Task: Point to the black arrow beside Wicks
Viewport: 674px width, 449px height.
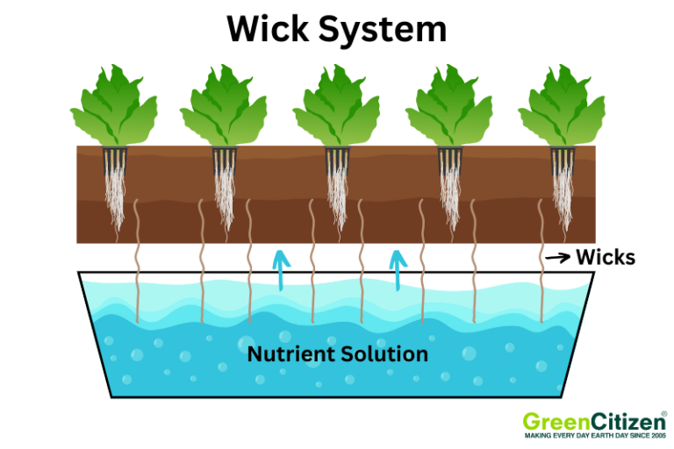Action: coord(556,258)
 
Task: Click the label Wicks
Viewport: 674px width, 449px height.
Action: coord(605,258)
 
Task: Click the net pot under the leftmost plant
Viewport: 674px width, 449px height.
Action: coord(115,160)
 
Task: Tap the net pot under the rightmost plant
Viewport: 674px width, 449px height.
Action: coord(563,160)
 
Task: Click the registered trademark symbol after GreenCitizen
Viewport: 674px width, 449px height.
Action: coord(663,412)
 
